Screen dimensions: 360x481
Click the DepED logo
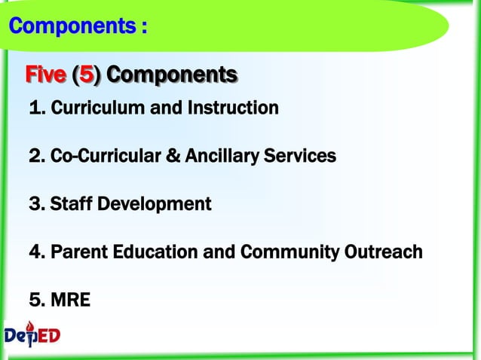[x=32, y=336]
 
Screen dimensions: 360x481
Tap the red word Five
[x=45, y=75]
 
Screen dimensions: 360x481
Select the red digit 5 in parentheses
[x=87, y=75]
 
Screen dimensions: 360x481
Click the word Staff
[x=70, y=204]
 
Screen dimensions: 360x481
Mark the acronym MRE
[x=70, y=301]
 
